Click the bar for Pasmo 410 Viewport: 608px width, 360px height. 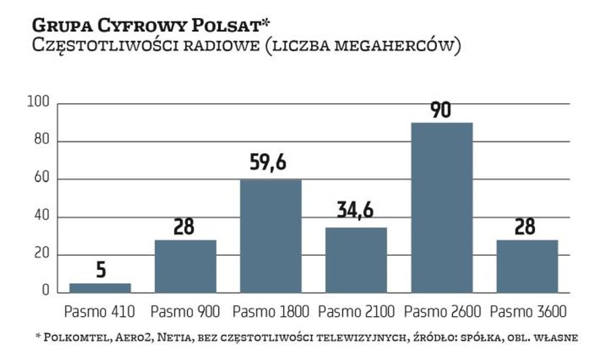point(100,288)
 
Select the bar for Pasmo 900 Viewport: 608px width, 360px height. point(185,266)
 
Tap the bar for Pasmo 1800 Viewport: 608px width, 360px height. point(271,236)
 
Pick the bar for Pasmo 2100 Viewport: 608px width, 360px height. point(356,260)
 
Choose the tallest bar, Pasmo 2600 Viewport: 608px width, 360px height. point(441,207)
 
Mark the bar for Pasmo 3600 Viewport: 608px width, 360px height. point(527,266)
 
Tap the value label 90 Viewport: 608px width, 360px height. point(441,110)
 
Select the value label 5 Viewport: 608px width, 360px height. point(101,270)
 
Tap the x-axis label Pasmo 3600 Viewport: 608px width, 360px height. point(527,313)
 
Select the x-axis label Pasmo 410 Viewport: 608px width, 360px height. point(99,313)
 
